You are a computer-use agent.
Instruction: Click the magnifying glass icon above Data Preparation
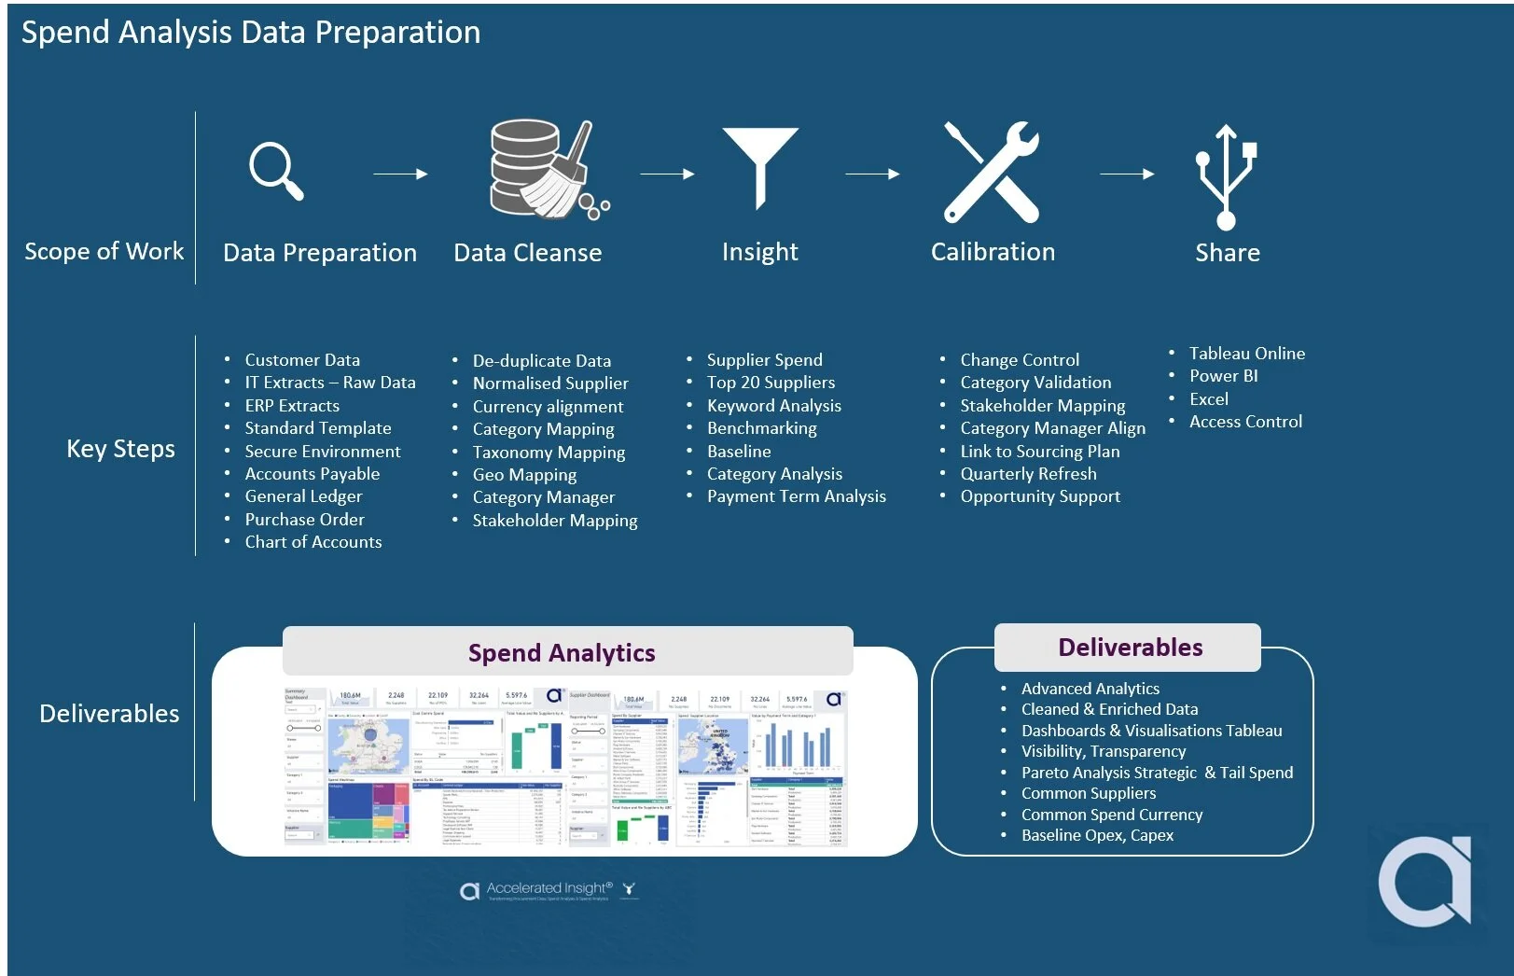(275, 170)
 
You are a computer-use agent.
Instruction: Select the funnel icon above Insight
(760, 166)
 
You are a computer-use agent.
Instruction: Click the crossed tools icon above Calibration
(992, 172)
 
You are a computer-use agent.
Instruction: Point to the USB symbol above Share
(1226, 176)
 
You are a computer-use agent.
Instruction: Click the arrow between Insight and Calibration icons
(872, 174)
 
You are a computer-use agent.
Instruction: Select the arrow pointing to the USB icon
(1127, 174)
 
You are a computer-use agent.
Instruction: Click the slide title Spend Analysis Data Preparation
(251, 33)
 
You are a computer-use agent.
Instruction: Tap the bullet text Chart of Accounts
(313, 542)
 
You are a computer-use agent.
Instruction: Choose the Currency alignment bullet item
(548, 407)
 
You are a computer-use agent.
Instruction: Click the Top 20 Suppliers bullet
(771, 383)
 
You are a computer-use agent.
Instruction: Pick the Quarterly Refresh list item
(1028, 474)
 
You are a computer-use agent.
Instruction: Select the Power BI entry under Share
(1223, 376)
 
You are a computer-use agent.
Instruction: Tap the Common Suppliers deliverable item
(1088, 793)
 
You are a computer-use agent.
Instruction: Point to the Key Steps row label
(120, 449)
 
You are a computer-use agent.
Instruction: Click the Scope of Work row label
(104, 252)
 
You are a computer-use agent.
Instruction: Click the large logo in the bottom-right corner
(1425, 881)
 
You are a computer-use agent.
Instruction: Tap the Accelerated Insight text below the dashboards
(549, 888)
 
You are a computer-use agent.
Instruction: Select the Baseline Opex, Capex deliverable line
(1097, 835)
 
